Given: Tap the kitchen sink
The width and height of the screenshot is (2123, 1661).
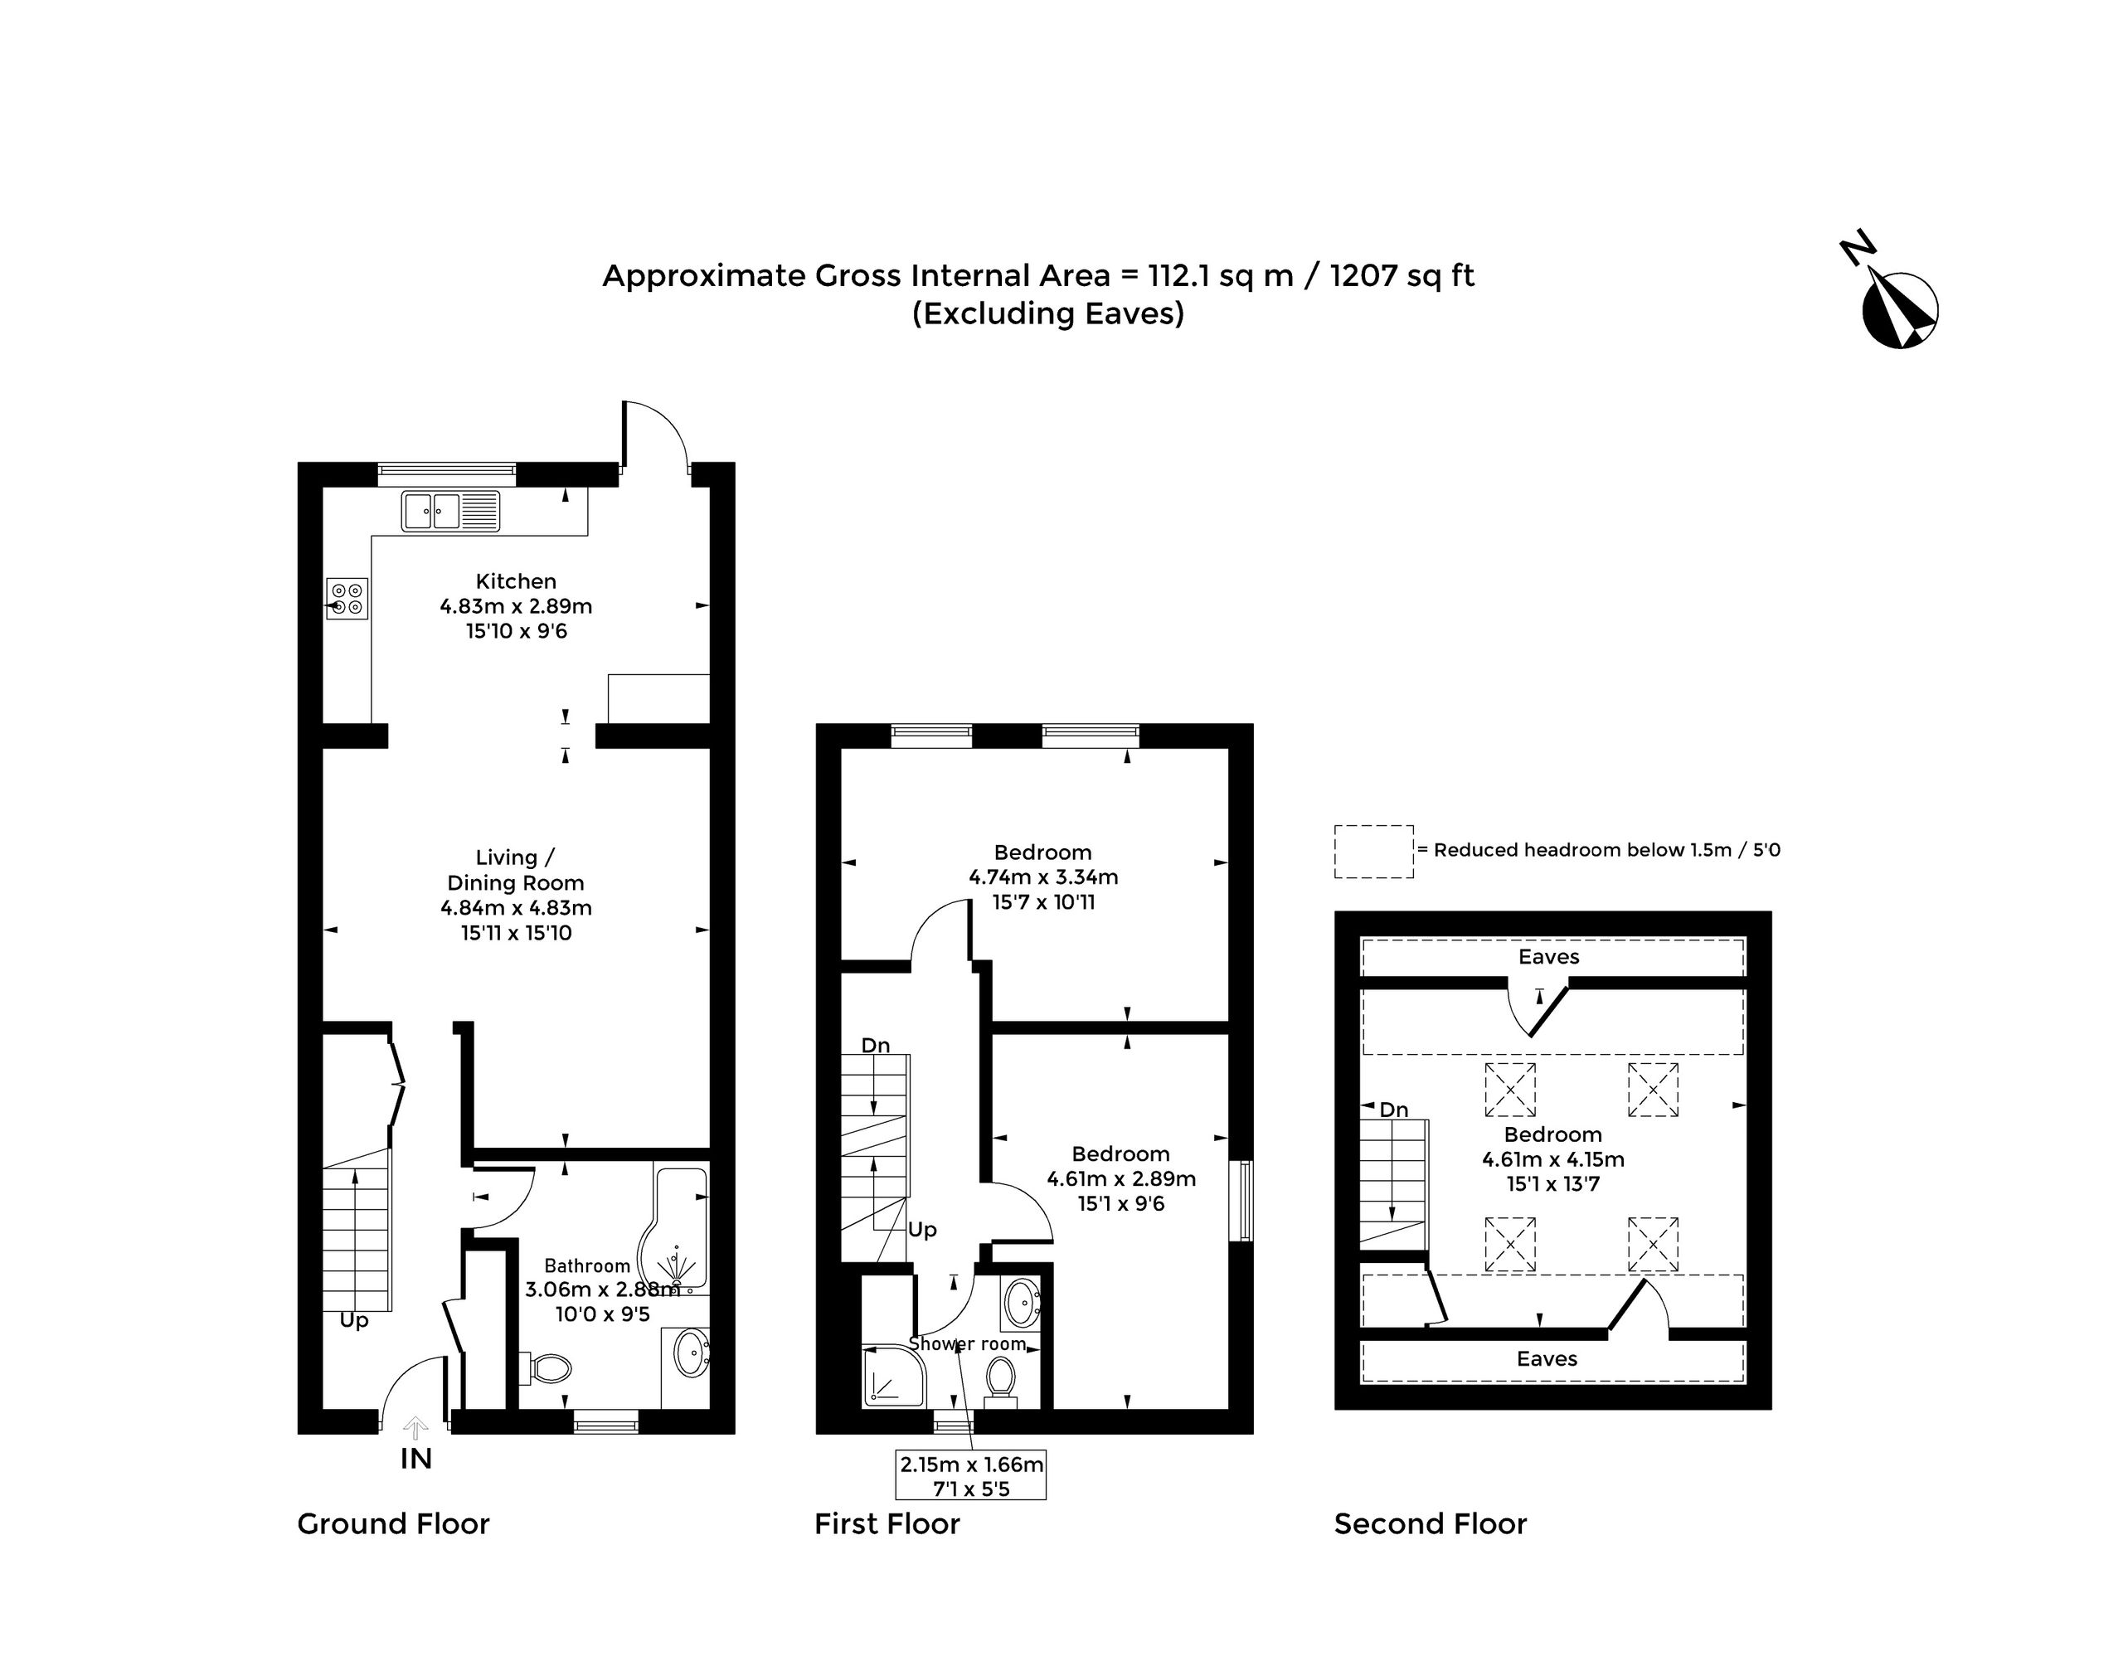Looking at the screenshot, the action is click(451, 511).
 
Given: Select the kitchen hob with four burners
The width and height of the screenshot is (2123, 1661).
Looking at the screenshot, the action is click(347, 598).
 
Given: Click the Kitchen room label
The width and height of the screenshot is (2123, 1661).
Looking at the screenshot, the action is click(516, 581).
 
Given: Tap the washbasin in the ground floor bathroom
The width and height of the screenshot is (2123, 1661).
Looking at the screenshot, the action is click(692, 1353).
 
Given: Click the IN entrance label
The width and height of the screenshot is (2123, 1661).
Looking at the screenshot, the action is click(416, 1459).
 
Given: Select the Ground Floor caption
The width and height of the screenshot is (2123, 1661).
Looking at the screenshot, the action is click(393, 1524).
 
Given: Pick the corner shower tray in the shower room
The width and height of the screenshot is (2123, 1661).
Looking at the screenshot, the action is click(894, 1375).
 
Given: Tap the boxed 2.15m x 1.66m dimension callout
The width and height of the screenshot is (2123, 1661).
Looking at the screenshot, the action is click(970, 1475).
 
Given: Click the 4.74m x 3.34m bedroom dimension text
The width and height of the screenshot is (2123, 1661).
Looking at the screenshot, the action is click(1043, 877).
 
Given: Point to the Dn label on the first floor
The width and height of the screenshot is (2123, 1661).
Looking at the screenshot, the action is click(875, 1046).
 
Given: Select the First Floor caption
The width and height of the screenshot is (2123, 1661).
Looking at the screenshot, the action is click(887, 1524).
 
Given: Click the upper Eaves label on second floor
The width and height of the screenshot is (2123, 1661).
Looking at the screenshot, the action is click(1549, 957).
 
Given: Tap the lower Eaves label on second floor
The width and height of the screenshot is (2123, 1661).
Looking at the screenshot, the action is click(1547, 1358).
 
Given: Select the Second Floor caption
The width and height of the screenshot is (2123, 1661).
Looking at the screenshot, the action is click(1430, 1524).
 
